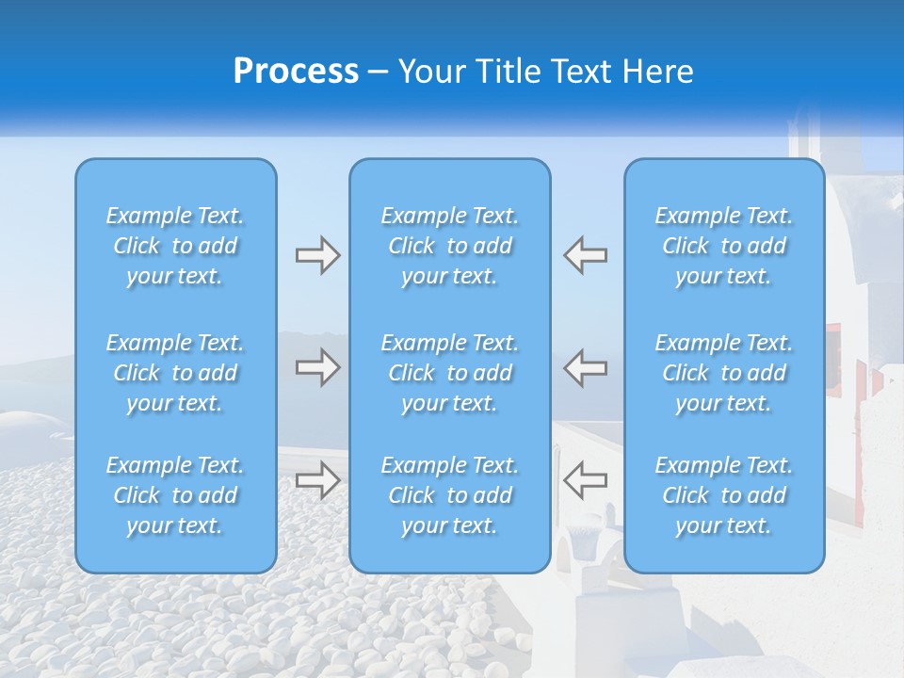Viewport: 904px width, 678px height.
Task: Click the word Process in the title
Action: (x=296, y=72)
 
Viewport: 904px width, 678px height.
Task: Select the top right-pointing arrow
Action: (x=317, y=255)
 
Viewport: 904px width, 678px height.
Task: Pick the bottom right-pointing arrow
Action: (x=317, y=479)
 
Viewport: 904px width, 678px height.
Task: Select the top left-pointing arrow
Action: (x=585, y=255)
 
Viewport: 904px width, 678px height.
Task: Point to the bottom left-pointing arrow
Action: (x=585, y=479)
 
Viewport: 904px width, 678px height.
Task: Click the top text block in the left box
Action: (x=175, y=246)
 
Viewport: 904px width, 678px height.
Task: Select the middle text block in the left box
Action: (x=175, y=373)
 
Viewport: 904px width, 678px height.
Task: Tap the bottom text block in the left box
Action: (x=175, y=495)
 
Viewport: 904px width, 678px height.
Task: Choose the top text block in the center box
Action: (x=449, y=246)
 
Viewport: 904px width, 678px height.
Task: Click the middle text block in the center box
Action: (x=449, y=373)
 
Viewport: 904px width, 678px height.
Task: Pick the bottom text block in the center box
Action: (x=449, y=495)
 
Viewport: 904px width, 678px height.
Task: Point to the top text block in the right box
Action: (x=723, y=246)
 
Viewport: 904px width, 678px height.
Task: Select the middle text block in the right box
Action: (x=723, y=373)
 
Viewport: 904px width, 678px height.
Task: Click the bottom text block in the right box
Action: (x=723, y=495)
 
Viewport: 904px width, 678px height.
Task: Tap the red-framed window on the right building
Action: (x=834, y=358)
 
